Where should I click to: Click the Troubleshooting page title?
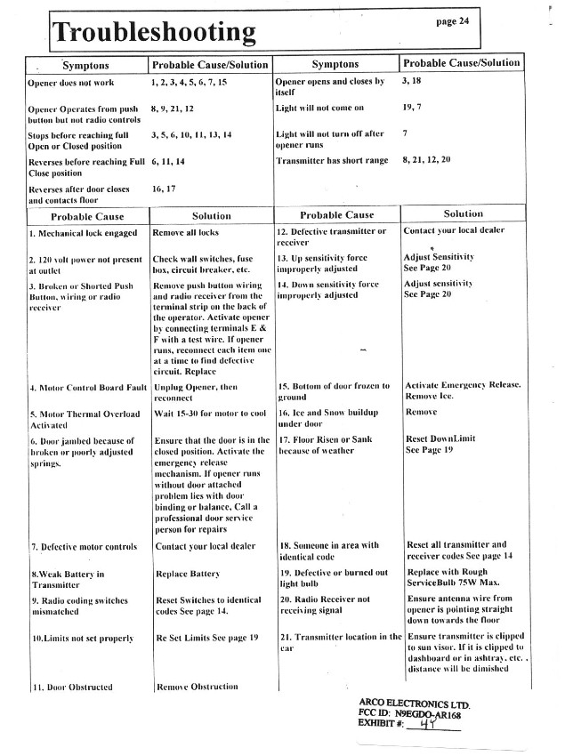[153, 33]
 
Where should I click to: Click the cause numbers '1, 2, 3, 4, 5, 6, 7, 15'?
[190, 82]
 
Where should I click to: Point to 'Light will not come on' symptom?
[320, 108]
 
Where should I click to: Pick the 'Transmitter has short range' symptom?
[332, 160]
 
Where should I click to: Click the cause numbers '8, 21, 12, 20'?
[426, 159]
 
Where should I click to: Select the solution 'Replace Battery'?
[187, 575]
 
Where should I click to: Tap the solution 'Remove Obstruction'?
[197, 686]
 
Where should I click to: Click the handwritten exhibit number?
[436, 725]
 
